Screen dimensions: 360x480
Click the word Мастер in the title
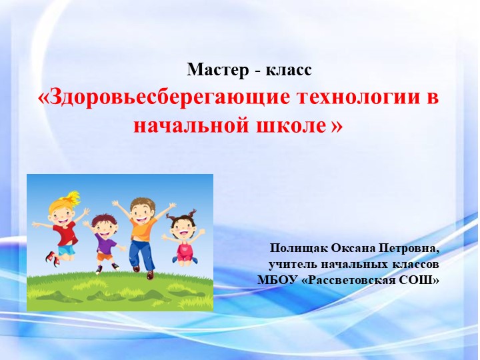tap(218, 69)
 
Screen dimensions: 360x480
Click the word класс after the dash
tap(289, 69)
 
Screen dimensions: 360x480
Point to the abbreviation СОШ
tap(422, 280)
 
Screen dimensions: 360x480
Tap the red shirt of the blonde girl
tap(65, 233)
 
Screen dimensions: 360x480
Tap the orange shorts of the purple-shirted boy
tap(105, 255)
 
